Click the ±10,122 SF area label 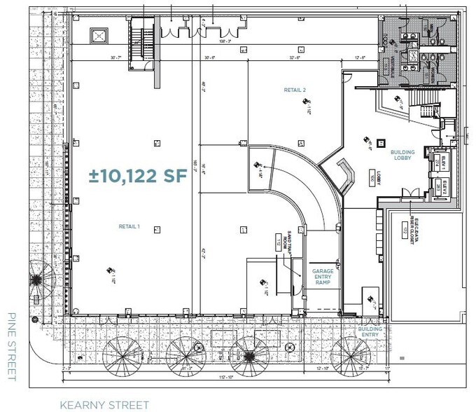coord(138,174)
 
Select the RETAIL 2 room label coord(295,90)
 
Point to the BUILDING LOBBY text coord(402,156)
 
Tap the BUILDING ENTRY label coord(370,331)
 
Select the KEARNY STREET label coord(104,404)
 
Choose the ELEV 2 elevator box coord(440,187)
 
